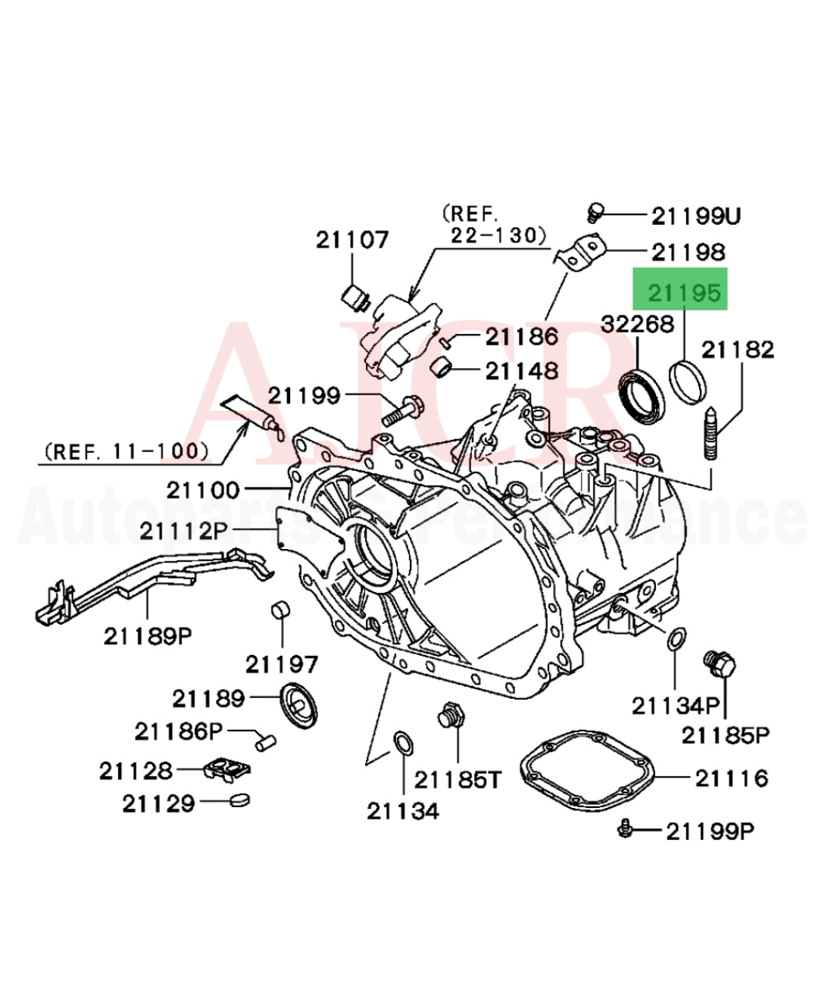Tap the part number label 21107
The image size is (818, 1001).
coord(351,240)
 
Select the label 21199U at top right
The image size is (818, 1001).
coord(695,216)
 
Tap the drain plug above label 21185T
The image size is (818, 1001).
coord(451,715)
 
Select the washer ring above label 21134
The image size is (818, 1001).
coord(403,743)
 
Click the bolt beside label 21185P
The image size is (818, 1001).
coord(720,666)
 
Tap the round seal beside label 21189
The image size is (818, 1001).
coord(300,705)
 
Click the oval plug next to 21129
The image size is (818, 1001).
coord(239,800)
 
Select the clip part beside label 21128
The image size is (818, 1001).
coord(226,769)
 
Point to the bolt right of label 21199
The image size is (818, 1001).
coord(402,410)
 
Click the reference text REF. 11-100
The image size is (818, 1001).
coord(126,452)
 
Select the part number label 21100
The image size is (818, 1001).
coord(203,490)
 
